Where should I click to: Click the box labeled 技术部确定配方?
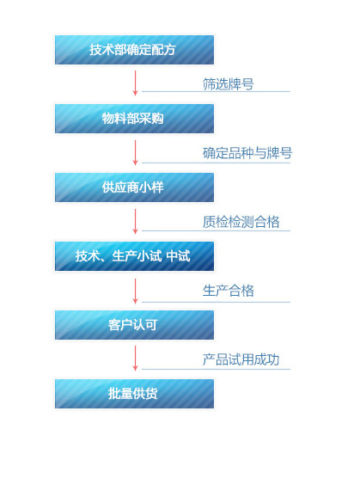coord(134,50)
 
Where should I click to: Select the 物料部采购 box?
coord(134,119)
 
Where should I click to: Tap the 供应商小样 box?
coord(134,187)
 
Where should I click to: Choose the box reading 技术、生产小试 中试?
coord(134,256)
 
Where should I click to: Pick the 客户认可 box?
coord(134,325)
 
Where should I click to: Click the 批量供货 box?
coord(134,394)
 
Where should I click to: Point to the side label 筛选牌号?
coord(229,84)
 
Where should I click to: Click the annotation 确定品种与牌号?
coord(247,153)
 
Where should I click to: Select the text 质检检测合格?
coord(241,222)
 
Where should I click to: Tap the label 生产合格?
coord(229,291)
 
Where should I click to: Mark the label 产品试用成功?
coord(241,359)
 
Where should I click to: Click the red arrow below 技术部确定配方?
coord(135,83)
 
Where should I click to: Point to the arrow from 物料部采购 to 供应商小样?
coord(135,152)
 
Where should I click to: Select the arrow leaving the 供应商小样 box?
coord(135,221)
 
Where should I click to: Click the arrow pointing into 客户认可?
coord(135,291)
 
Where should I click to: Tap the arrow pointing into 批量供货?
coord(135,359)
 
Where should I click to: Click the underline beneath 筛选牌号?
coord(216,92)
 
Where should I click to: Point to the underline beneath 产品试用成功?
coord(216,369)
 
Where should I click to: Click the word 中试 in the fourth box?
coord(178,255)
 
